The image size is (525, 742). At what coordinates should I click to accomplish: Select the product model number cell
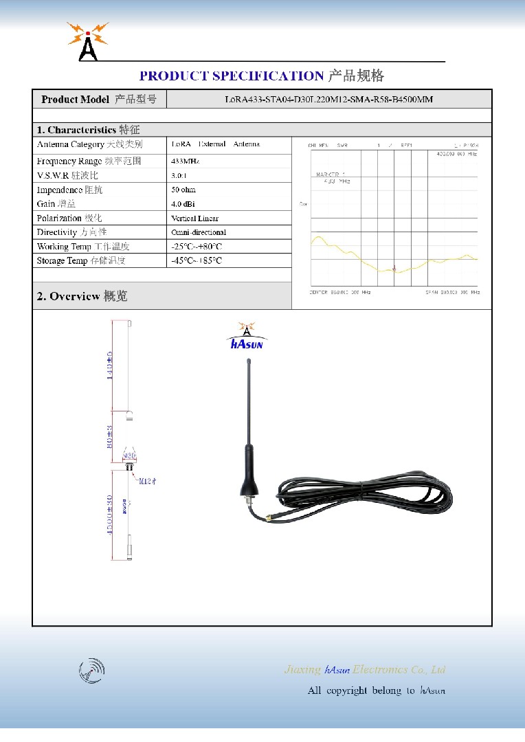pos(329,100)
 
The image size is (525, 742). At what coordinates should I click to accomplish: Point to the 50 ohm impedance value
pos(183,190)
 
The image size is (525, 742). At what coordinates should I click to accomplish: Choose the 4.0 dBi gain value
pos(183,204)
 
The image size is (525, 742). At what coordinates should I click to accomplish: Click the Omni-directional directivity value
pos(199,232)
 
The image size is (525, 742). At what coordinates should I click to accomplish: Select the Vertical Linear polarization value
pos(195,218)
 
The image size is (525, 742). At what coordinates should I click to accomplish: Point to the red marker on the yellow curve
pos(394,268)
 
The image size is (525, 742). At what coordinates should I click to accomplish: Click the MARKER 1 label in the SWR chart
pos(331,175)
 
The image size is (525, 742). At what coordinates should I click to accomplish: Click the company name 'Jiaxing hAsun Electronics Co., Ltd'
pos(365,670)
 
